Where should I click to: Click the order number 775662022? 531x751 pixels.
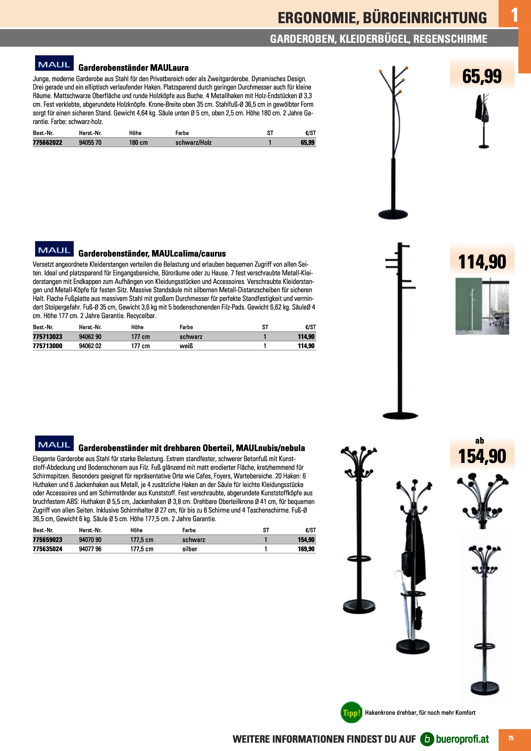48,143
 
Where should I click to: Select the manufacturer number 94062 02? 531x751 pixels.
90,346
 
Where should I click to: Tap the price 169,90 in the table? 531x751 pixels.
306,549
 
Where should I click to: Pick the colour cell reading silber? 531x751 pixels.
190,549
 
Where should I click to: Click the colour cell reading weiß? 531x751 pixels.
186,346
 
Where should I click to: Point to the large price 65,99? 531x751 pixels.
482,76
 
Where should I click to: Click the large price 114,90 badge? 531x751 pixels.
482,262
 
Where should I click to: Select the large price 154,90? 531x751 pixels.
482,456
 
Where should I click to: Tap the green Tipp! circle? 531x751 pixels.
351,712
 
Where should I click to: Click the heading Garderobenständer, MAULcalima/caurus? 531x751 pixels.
152,254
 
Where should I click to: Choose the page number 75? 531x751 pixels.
511,738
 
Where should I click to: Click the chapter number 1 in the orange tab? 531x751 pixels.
514,15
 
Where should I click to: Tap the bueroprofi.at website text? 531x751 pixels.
462,739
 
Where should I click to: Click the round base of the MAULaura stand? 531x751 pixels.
393,215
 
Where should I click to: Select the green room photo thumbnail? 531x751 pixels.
482,306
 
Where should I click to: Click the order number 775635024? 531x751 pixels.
48,549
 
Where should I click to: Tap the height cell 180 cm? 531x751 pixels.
138,143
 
